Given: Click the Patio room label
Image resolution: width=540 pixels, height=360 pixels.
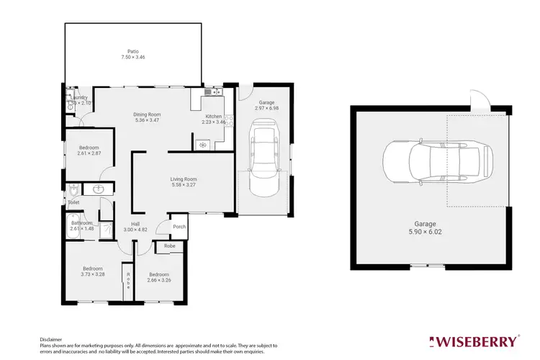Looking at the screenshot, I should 132,52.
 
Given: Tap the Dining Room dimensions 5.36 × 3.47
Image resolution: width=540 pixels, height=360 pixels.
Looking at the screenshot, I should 147,120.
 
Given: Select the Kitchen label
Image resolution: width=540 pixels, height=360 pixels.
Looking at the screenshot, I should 214,116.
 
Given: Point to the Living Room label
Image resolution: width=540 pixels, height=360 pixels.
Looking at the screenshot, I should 184,179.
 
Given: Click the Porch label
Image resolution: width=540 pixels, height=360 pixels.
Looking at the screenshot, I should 179,227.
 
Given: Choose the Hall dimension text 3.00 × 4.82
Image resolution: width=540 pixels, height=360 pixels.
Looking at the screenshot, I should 135,230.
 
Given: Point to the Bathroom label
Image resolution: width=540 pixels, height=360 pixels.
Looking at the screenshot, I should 81,223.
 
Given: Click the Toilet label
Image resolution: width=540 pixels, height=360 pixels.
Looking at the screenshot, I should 73,203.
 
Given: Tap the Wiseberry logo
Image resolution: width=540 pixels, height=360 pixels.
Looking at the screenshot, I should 473,340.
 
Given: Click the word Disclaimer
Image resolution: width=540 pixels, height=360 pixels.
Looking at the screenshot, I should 51,338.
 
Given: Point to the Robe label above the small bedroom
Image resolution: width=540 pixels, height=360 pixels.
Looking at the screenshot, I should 170,246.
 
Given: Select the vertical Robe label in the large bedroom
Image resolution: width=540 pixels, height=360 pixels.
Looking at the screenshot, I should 128,280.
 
